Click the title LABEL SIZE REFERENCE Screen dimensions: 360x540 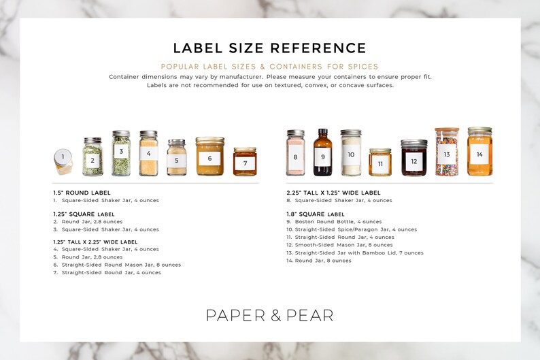pos(269,48)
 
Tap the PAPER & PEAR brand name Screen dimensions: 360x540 pos(269,315)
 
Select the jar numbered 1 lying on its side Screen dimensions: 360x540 pos(63,161)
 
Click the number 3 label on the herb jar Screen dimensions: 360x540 pos(121,152)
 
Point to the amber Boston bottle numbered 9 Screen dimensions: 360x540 pos(323,153)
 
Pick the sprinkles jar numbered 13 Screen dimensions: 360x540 pos(447,152)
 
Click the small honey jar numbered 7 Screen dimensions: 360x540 pos(245,162)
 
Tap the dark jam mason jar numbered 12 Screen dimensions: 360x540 pos(414,159)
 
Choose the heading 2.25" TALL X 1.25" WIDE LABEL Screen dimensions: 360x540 pos(333,193)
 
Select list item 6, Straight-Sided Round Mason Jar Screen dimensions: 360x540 pos(117,265)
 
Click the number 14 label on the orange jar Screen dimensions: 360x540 pos(479,154)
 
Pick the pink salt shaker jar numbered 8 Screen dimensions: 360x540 pos(295,154)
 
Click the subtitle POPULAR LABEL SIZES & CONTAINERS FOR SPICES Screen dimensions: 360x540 pos(269,67)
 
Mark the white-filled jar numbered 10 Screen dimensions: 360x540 pos(351,153)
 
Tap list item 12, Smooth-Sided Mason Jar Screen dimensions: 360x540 pos(339,245)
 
